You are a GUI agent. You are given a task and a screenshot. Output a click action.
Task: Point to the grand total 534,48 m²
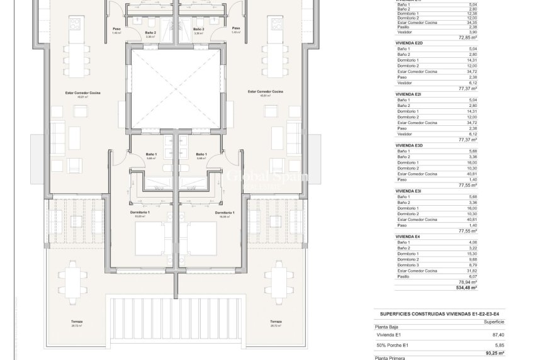click(465, 287)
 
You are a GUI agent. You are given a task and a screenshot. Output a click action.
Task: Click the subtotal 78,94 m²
click(466, 282)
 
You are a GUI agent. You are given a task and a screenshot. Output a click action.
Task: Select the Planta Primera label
click(390, 357)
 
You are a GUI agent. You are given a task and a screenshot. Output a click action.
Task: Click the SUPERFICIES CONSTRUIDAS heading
click(426, 312)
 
